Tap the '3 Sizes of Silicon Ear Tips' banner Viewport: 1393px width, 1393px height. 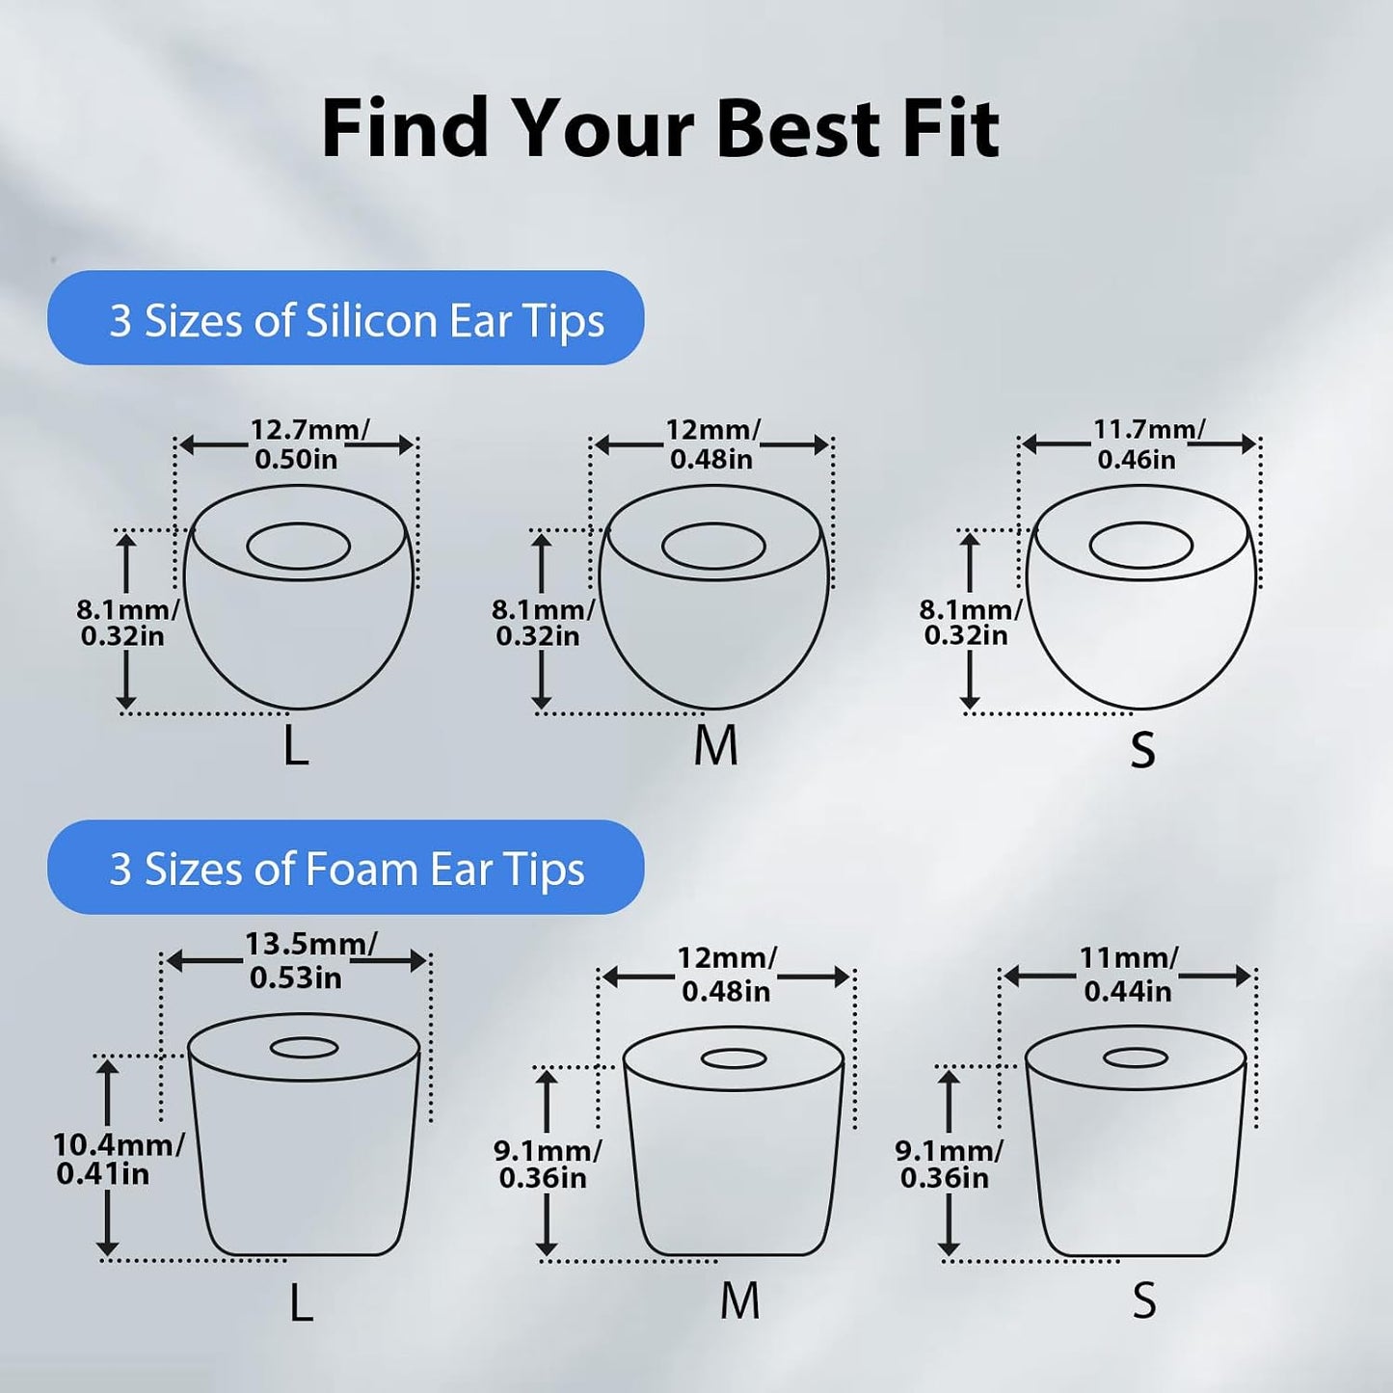point(345,317)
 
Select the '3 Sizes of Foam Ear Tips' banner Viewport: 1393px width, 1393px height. point(345,867)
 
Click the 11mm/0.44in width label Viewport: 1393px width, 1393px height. point(1128,974)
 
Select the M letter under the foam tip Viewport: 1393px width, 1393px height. point(740,1300)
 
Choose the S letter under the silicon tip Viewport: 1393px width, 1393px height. point(1143,749)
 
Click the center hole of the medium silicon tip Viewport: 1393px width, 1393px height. point(713,546)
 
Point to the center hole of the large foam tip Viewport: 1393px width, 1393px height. point(305,1048)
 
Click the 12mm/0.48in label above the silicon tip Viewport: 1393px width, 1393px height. point(712,443)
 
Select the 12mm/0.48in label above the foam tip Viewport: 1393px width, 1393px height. point(727,974)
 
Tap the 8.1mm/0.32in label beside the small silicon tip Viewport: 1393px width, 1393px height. point(970,623)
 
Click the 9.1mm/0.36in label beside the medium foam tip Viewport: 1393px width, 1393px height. point(547,1165)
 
